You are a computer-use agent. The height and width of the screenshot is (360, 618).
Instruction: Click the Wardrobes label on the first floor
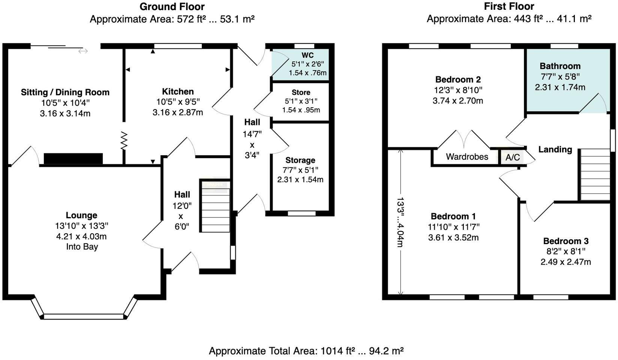[x=467, y=157]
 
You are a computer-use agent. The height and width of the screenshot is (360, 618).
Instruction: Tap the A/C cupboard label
[x=513, y=157]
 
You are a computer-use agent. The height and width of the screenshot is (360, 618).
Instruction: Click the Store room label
[x=301, y=92]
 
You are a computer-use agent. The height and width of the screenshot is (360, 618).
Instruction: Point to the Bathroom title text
[x=560, y=66]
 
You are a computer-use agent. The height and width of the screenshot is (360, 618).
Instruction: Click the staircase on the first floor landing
[x=595, y=174]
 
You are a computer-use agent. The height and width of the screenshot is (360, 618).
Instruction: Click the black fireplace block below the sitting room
[x=73, y=159]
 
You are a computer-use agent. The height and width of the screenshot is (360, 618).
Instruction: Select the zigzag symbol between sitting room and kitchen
[x=124, y=141]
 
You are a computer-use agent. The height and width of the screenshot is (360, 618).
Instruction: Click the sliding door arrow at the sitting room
[x=83, y=51]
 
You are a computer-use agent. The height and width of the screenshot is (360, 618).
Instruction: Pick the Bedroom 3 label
[x=565, y=241]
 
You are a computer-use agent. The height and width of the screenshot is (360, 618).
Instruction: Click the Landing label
[x=555, y=150]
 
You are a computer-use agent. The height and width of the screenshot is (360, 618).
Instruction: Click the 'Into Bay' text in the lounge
[x=82, y=247]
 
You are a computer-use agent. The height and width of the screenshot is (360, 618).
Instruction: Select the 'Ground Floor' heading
[x=172, y=7]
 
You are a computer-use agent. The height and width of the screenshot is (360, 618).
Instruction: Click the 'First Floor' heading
[x=509, y=6]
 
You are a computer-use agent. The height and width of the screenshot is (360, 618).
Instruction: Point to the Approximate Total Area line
[x=306, y=351]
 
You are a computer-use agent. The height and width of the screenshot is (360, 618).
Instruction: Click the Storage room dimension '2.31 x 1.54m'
[x=300, y=180]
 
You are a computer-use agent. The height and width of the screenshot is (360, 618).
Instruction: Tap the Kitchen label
[x=178, y=91]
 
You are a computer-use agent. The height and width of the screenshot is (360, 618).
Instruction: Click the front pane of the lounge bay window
[x=84, y=316]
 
